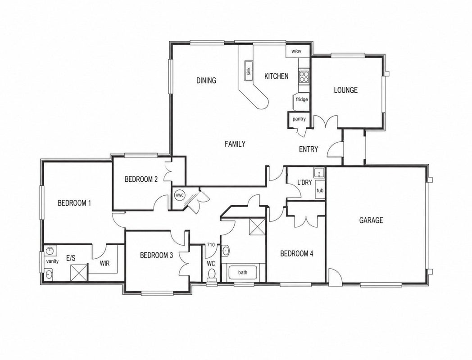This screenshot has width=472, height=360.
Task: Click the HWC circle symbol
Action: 180,195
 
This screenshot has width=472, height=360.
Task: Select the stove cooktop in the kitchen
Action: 304,76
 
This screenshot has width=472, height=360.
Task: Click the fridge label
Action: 302,99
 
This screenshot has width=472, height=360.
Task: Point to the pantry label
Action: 299,119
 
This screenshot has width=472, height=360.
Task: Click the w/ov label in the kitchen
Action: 296,51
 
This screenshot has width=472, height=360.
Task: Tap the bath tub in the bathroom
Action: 243,273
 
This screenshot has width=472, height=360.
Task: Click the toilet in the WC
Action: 212,274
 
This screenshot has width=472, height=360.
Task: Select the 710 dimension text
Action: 211,245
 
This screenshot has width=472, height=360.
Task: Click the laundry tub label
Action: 320,191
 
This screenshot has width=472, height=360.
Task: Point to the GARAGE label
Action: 371,220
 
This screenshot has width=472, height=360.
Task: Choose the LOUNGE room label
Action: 345,90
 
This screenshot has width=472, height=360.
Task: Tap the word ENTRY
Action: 309,149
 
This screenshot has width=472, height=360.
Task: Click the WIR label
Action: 105,264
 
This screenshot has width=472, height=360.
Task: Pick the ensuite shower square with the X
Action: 79,273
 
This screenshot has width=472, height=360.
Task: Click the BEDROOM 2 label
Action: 141,180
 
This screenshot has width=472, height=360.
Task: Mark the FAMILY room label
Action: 235,144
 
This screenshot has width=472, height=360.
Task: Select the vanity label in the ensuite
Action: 52,261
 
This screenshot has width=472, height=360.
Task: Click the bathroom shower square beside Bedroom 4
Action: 257,226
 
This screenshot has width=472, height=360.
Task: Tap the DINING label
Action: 206,80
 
